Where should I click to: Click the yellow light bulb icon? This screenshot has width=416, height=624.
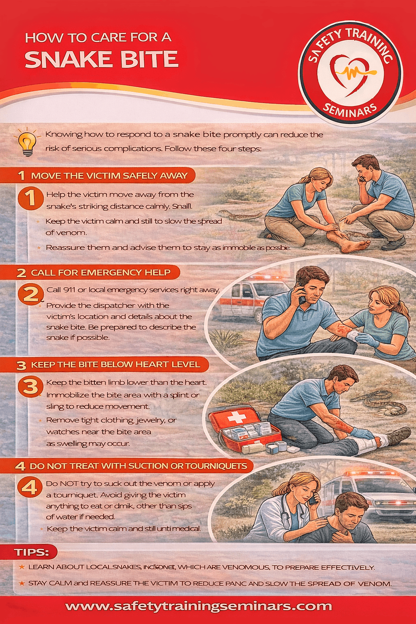(27, 142)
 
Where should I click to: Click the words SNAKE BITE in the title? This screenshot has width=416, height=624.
(102, 60)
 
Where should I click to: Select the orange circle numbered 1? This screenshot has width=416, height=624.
(30, 198)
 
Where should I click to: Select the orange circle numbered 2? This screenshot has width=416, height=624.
(30, 294)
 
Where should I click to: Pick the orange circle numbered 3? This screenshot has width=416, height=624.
(30, 386)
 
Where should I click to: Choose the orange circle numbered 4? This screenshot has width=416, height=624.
(30, 487)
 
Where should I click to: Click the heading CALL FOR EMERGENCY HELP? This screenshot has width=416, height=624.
(101, 273)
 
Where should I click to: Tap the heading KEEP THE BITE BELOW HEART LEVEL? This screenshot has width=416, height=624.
(115, 365)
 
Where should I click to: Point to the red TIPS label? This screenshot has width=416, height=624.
(32, 552)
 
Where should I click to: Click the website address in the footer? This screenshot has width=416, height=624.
(199, 607)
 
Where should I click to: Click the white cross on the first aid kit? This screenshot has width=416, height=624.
(235, 417)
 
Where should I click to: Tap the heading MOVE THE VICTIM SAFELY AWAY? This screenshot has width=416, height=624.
(109, 176)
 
